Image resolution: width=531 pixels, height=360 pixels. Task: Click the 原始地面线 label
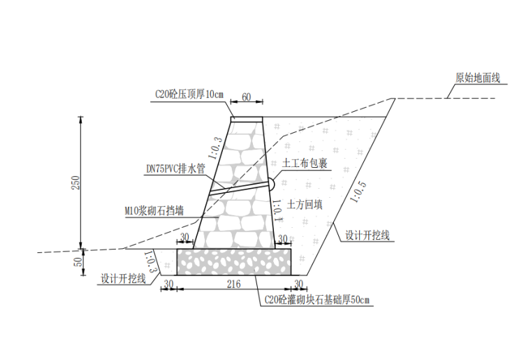pyautogui.click(x=478, y=78)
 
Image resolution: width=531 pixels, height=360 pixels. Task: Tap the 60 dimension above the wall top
pyautogui.click(x=246, y=97)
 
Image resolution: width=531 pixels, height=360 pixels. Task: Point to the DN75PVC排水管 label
pyautogui.click(x=175, y=168)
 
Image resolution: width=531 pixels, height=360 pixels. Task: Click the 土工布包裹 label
pyautogui.click(x=305, y=164)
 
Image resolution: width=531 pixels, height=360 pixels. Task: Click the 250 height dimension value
pyautogui.click(x=77, y=182)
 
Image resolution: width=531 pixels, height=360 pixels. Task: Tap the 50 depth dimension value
pyautogui.click(x=77, y=261)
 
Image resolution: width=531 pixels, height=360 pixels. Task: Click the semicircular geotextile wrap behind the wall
pyautogui.click(x=271, y=184)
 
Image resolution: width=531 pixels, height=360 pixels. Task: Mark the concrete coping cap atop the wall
pyautogui.click(x=247, y=119)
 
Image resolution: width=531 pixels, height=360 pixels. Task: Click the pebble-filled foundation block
pyautogui.click(x=233, y=261)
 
